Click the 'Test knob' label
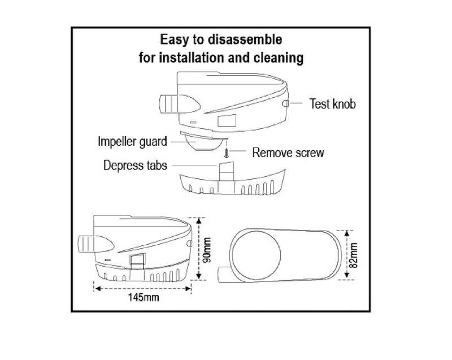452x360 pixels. [333, 105]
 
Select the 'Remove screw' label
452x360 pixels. [288, 153]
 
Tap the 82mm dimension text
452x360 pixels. [354, 255]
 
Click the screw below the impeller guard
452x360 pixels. [225, 151]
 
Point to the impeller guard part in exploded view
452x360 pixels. [203, 142]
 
